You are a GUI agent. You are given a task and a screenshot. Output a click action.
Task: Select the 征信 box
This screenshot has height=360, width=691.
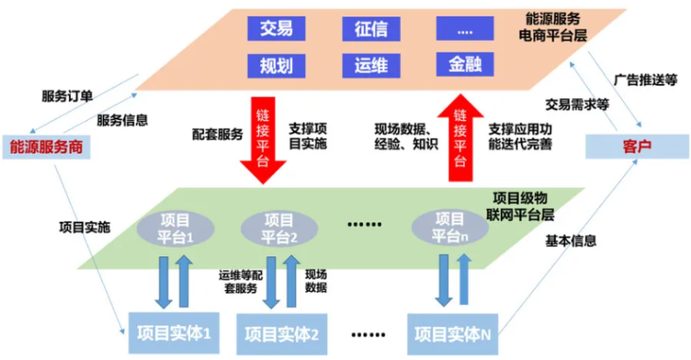point(371,28)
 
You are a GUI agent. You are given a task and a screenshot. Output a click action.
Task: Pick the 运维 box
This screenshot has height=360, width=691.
point(371,64)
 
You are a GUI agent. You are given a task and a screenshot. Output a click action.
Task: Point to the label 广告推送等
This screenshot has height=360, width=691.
point(645,78)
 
